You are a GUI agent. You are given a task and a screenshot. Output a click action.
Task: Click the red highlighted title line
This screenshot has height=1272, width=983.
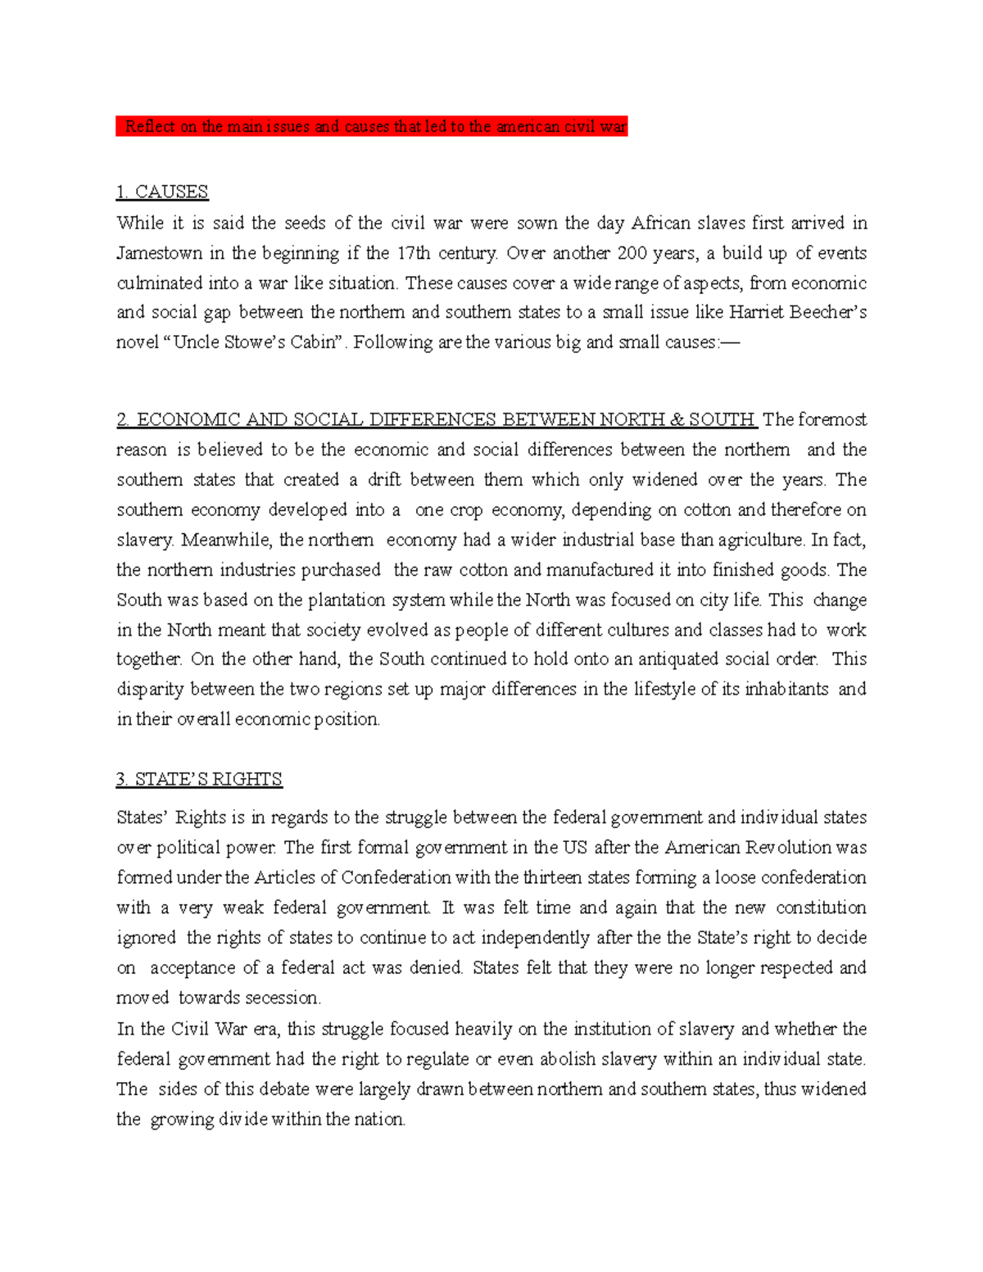tap(371, 126)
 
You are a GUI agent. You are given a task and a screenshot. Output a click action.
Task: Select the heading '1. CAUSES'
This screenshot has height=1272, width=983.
tap(162, 192)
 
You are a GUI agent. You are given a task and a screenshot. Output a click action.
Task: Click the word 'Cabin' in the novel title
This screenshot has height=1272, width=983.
tap(314, 342)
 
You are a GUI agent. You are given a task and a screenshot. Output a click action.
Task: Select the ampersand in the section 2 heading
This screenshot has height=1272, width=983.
tap(677, 420)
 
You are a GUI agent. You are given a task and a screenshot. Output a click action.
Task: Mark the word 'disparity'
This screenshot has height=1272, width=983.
tap(151, 690)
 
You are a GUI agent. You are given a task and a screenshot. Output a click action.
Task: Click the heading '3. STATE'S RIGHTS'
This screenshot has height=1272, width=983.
tap(199, 779)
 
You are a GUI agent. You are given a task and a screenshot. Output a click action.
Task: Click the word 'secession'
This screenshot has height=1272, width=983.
tap(287, 998)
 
